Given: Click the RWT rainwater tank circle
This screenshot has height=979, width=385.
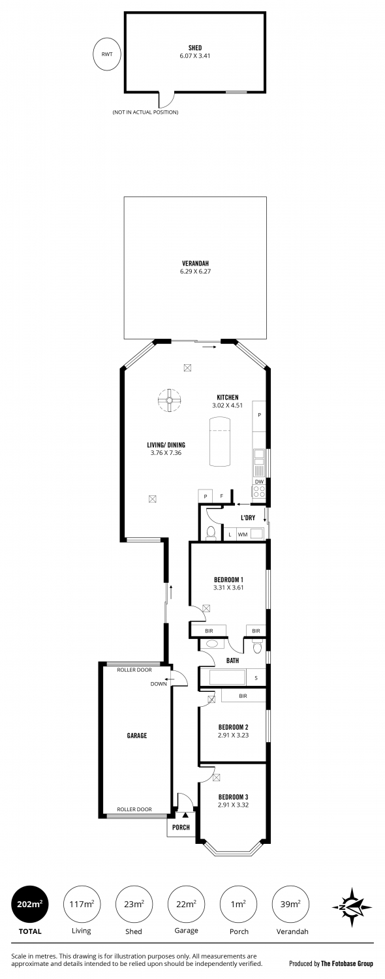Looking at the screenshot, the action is click(106, 55).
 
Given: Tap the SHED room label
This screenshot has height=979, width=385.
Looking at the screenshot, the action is click(195, 48).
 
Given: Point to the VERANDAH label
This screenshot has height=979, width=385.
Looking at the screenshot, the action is click(195, 264).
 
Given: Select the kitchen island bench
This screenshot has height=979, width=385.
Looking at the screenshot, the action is click(220, 442).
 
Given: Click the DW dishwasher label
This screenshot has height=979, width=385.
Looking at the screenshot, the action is click(259, 482).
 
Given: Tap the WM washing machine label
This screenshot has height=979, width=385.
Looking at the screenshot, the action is click(243, 534).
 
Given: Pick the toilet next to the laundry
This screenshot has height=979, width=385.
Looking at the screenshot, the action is click(211, 533).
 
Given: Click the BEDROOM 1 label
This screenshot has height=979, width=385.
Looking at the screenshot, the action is click(228, 580).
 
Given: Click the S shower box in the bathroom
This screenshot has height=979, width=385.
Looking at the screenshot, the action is click(256, 678).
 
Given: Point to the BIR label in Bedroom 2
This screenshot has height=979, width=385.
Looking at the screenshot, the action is click(243, 696).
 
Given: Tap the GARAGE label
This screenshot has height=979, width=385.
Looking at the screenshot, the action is click(137, 736).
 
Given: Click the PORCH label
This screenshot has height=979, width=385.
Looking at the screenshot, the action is click(181, 828).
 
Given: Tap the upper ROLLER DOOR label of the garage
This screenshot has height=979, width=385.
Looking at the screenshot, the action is click(134, 670).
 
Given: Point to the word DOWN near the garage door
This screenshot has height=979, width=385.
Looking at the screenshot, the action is click(159, 683).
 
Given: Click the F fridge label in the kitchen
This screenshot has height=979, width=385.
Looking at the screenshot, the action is click(222, 496).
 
